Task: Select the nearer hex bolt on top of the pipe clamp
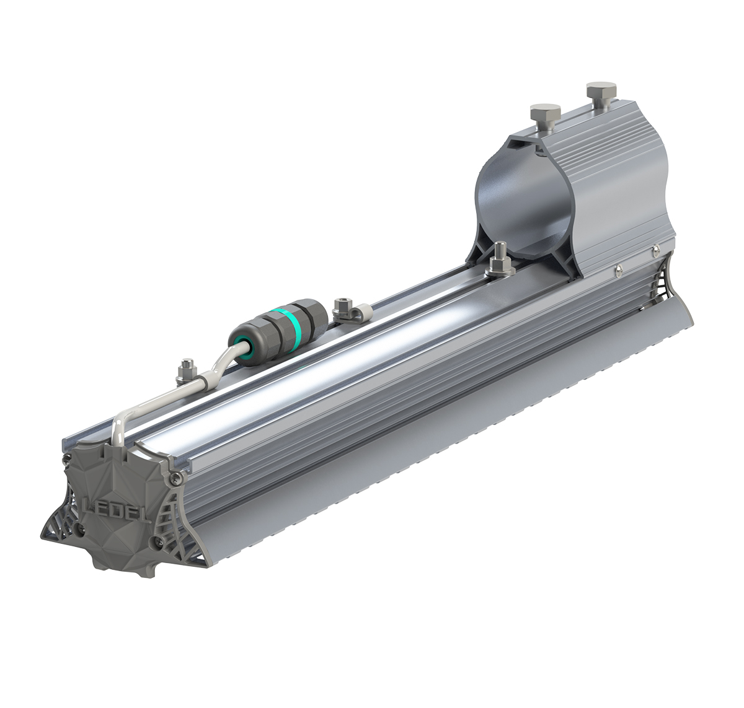(545, 116)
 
